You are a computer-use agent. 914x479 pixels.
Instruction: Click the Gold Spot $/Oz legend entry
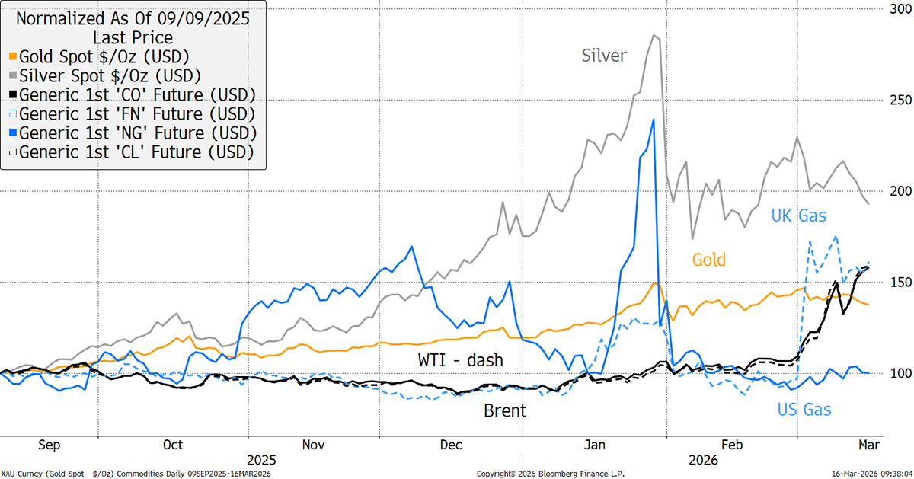(104, 56)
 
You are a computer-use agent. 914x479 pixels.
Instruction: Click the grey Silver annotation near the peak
(604, 56)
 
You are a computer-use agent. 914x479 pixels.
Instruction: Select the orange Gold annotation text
(710, 260)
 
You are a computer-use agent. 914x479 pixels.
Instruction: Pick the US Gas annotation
(804, 410)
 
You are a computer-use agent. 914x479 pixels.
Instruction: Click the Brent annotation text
(505, 411)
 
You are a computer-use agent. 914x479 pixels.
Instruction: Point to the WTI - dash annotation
(460, 360)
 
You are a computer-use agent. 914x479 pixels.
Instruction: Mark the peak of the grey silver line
(654, 35)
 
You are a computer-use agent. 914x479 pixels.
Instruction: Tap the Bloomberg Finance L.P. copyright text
(551, 474)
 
